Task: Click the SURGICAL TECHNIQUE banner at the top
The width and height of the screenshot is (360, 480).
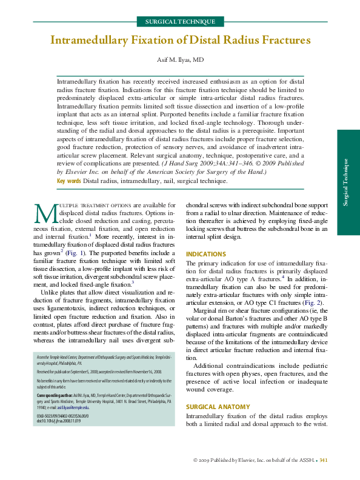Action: click(x=180, y=21)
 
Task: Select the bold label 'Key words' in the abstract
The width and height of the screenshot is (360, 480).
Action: click(x=68, y=181)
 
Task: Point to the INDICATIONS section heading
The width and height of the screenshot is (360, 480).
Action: click(x=206, y=254)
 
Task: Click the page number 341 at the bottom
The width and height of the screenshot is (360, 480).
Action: click(x=324, y=461)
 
